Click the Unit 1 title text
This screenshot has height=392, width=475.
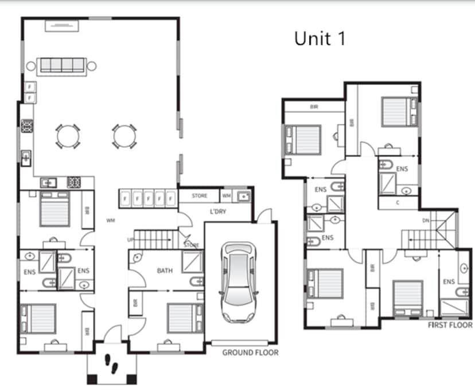tap(320, 38)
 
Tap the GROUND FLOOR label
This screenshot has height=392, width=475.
tap(250, 352)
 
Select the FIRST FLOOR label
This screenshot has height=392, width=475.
tap(450, 325)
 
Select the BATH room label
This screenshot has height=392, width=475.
tap(165, 270)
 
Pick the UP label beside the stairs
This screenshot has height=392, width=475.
tap(130, 240)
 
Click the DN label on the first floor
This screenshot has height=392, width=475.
tap(425, 221)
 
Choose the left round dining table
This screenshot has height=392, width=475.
tap(67, 136)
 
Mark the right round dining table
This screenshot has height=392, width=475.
tap(123, 136)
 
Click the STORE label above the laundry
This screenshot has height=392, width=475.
tap(199, 196)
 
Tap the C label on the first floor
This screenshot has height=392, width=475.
tap(398, 202)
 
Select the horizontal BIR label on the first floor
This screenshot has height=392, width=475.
tap(314, 107)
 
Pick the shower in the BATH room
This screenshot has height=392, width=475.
tap(191, 261)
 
